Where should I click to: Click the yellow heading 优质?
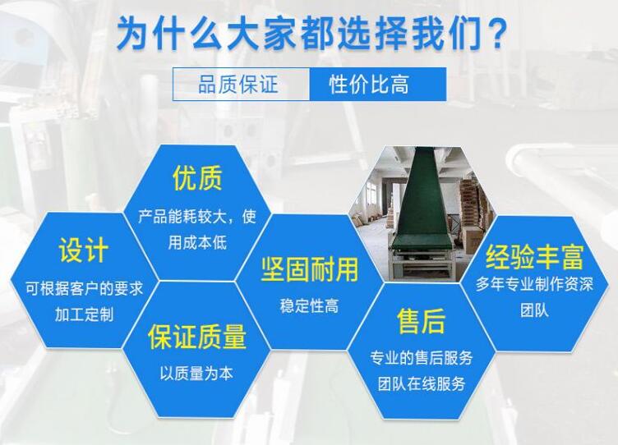click(x=197, y=178)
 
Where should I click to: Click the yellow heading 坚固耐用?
click(x=310, y=269)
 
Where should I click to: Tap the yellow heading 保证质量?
click(x=197, y=336)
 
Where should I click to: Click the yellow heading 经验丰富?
click(x=535, y=258)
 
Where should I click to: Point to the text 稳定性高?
click(x=310, y=306)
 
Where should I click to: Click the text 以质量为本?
click(x=196, y=373)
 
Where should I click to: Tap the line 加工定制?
click(x=84, y=314)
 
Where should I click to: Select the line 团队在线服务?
click(x=422, y=383)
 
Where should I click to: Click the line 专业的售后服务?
click(x=422, y=358)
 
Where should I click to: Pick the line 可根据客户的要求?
click(x=84, y=289)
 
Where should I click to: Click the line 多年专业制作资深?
click(x=534, y=285)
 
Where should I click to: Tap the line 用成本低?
click(x=197, y=243)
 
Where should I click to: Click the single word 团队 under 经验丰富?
click(x=534, y=311)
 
